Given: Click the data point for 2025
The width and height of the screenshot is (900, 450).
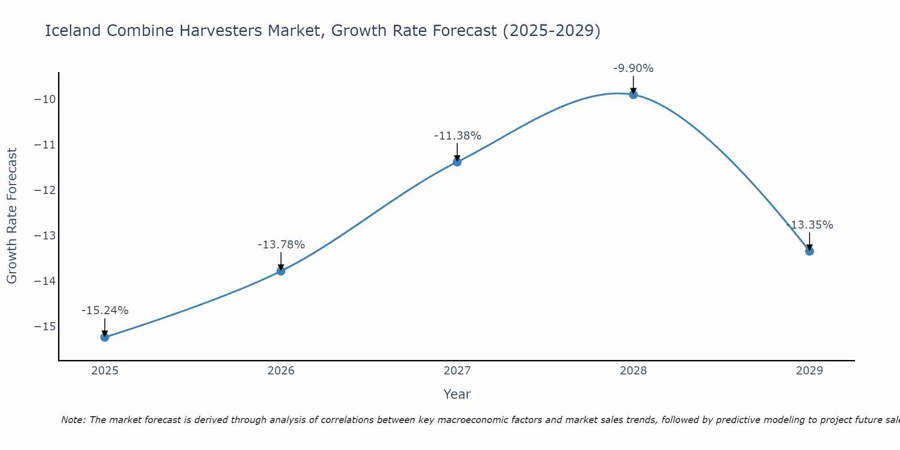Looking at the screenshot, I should [x=105, y=337].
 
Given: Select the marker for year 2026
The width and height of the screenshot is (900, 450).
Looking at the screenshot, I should [x=281, y=271].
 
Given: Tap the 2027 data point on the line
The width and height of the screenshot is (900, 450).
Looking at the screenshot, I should [x=457, y=162].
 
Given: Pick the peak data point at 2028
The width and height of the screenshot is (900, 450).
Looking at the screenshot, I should [x=633, y=94].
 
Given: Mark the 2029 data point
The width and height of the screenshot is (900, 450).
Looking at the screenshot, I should [x=809, y=251].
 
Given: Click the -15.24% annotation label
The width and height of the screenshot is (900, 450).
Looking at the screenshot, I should [x=105, y=310].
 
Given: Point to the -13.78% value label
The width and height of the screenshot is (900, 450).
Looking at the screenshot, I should [x=281, y=245].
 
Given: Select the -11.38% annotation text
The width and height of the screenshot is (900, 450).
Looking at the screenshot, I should [x=457, y=135].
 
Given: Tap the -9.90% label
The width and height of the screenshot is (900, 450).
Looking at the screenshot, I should [x=633, y=68].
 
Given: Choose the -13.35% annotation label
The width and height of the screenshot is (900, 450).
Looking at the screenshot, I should [x=809, y=225].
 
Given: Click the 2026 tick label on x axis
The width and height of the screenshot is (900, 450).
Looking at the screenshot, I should [x=281, y=371].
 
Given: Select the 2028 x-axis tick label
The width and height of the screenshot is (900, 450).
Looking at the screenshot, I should [x=633, y=371].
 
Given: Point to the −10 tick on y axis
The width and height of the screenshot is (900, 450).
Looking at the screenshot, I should [x=45, y=99].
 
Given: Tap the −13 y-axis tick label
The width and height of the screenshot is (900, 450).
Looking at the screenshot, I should [x=45, y=236].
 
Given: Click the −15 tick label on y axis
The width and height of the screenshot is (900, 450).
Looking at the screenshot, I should [x=45, y=327].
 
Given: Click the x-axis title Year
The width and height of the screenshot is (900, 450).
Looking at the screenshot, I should [x=457, y=394].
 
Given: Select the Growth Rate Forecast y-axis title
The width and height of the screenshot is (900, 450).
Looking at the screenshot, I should [x=12, y=216].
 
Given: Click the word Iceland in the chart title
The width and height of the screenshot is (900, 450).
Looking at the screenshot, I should [x=73, y=31].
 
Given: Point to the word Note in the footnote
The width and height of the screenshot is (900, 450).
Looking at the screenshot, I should [x=72, y=420].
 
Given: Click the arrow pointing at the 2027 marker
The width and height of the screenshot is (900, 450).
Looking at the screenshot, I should [x=457, y=152].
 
